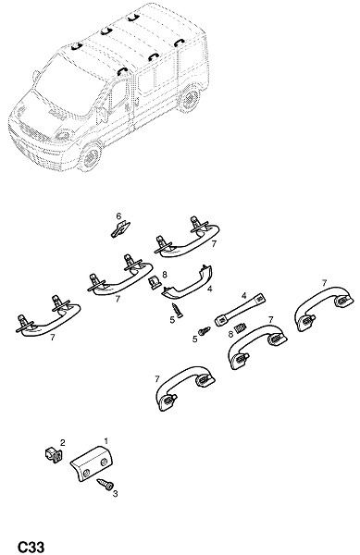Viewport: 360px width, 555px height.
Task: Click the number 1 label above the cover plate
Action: (106, 441)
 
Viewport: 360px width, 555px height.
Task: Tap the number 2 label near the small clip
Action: (63, 442)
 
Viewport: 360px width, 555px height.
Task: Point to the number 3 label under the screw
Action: (115, 494)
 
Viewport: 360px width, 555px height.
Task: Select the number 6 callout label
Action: (118, 216)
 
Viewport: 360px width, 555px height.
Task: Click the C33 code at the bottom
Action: (31, 547)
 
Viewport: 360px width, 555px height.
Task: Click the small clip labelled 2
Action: (53, 454)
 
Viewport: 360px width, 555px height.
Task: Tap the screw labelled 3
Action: (106, 484)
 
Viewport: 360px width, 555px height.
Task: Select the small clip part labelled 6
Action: (120, 229)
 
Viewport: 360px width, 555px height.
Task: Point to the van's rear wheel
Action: (191, 98)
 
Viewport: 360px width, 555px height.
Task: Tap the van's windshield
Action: (69, 86)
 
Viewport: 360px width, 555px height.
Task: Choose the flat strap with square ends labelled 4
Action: (241, 310)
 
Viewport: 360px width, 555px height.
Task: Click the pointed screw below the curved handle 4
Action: (177, 311)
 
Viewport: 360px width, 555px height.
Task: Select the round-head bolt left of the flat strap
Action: (205, 331)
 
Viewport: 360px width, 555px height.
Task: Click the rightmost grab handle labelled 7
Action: (324, 304)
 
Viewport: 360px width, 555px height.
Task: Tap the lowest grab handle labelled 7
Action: (185, 388)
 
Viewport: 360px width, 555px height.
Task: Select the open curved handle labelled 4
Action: (188, 283)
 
